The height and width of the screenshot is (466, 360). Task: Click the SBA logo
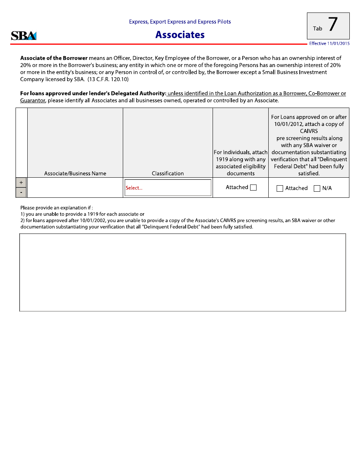pos(23,36)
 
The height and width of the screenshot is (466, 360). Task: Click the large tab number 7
pos(332,25)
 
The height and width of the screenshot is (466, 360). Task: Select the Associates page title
pos(180,35)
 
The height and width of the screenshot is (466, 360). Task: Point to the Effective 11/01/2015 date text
pos(329,44)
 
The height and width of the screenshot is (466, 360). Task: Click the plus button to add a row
pos(21,182)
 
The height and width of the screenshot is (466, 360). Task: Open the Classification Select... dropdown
pos(168,188)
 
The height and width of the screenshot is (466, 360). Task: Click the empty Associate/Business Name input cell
pos(75,188)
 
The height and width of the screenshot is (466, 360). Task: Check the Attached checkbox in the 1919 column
pos(254,188)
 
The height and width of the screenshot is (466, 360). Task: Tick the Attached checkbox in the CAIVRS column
pos(280,188)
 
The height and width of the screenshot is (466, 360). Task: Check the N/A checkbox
pos(317,188)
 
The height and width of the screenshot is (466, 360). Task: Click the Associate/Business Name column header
pos(75,174)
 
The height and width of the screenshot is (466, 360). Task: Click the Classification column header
pos(167,174)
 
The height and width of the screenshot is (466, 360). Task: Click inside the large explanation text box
pos(183,272)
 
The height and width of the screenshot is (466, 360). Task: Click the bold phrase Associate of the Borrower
pos(54,58)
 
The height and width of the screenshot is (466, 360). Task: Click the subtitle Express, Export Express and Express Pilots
pos(180,22)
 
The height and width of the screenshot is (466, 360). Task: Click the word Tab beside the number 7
pos(318,29)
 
